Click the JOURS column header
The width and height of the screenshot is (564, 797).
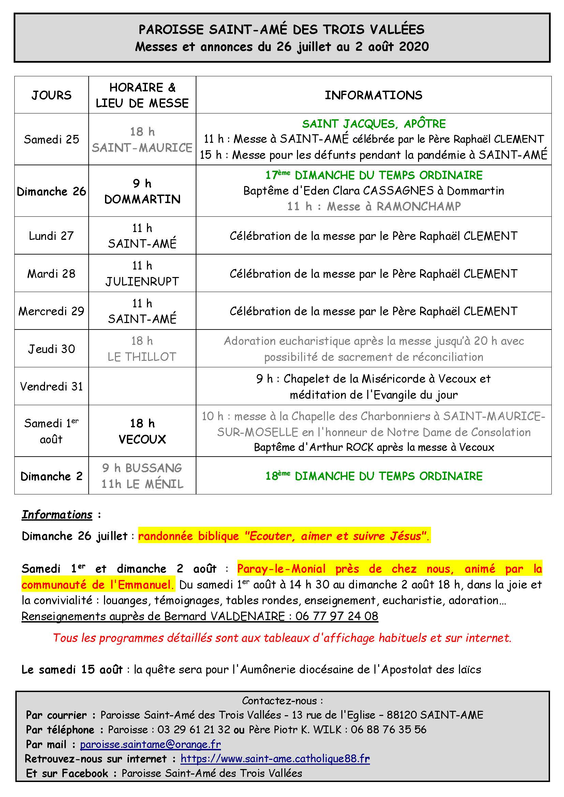tap(51, 95)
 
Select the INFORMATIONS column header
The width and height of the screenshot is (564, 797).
tap(373, 95)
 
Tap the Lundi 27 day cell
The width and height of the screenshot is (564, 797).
tap(51, 236)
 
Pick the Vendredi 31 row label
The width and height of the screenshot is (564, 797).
tap(51, 386)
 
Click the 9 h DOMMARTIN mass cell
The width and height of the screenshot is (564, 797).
tap(143, 191)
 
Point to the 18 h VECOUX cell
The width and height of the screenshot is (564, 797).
tap(143, 431)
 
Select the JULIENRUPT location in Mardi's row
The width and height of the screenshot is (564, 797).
tap(143, 281)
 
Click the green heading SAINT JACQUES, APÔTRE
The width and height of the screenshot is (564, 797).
tap(374, 124)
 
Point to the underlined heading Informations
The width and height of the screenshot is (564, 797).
tap(57, 515)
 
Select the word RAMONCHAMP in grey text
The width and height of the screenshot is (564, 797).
tap(419, 206)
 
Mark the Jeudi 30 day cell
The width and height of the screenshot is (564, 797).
tap(51, 349)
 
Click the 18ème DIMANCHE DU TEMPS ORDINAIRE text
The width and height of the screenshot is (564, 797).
tap(374, 476)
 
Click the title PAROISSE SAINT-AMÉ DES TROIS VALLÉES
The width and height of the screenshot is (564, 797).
tap(281, 30)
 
